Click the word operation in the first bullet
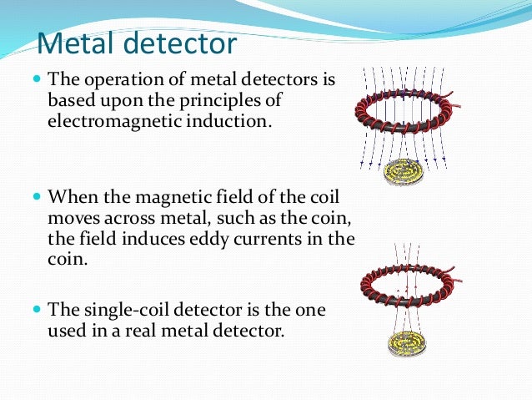(120, 82)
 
